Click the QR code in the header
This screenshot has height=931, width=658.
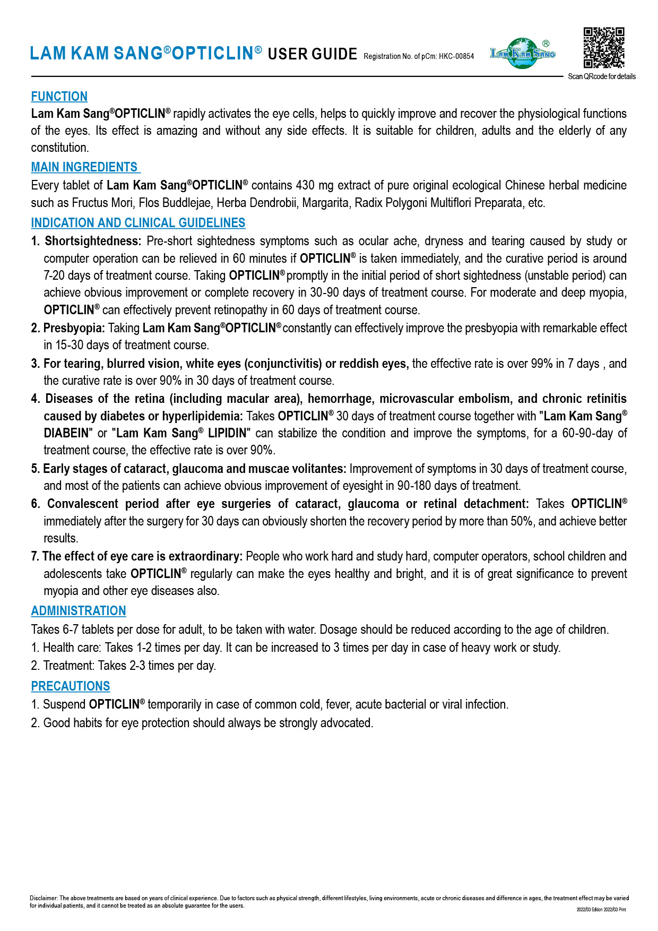[604, 48]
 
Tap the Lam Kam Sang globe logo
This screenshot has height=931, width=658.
[523, 53]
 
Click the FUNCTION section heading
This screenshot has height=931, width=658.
[59, 97]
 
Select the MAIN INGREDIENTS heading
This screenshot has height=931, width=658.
[84, 167]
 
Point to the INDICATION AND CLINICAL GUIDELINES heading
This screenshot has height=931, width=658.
[138, 223]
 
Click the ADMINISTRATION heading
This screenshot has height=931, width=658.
[79, 611]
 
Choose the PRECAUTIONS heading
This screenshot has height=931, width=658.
[71, 686]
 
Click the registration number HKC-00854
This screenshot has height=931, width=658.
[456, 56]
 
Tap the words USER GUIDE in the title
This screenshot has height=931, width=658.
[312, 54]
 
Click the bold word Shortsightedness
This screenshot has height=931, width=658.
[93, 242]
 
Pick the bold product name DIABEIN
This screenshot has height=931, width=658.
[66, 433]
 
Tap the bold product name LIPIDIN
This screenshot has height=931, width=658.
[227, 433]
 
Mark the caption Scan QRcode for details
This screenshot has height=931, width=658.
[602, 76]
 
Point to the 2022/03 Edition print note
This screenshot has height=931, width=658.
[601, 909]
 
